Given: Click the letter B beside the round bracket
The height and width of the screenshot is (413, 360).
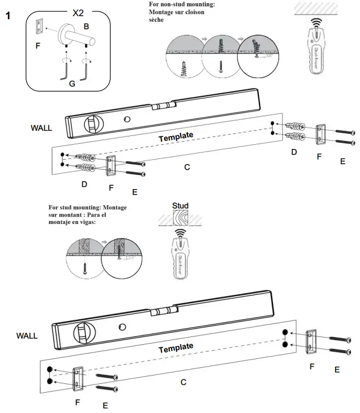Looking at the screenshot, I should [86, 26].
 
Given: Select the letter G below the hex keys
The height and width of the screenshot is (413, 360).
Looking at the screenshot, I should [72, 83].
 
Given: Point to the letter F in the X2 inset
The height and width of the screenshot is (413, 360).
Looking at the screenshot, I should [38, 46].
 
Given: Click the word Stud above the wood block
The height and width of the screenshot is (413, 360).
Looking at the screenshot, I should [180, 205].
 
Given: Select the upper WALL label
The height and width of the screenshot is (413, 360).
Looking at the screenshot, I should [41, 127].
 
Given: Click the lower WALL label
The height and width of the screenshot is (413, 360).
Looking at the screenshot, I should [27, 335].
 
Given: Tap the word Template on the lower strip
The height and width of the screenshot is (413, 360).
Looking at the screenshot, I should [176, 347].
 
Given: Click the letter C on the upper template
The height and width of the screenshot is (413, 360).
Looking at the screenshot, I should [187, 167].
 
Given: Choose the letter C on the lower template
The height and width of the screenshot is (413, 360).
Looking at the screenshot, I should [183, 382].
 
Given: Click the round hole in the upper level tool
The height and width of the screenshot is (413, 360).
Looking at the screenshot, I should [127, 119].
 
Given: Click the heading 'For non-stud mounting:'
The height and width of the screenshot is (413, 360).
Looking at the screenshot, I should [182, 5].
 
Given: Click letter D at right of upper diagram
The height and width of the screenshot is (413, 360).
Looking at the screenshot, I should [294, 152].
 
